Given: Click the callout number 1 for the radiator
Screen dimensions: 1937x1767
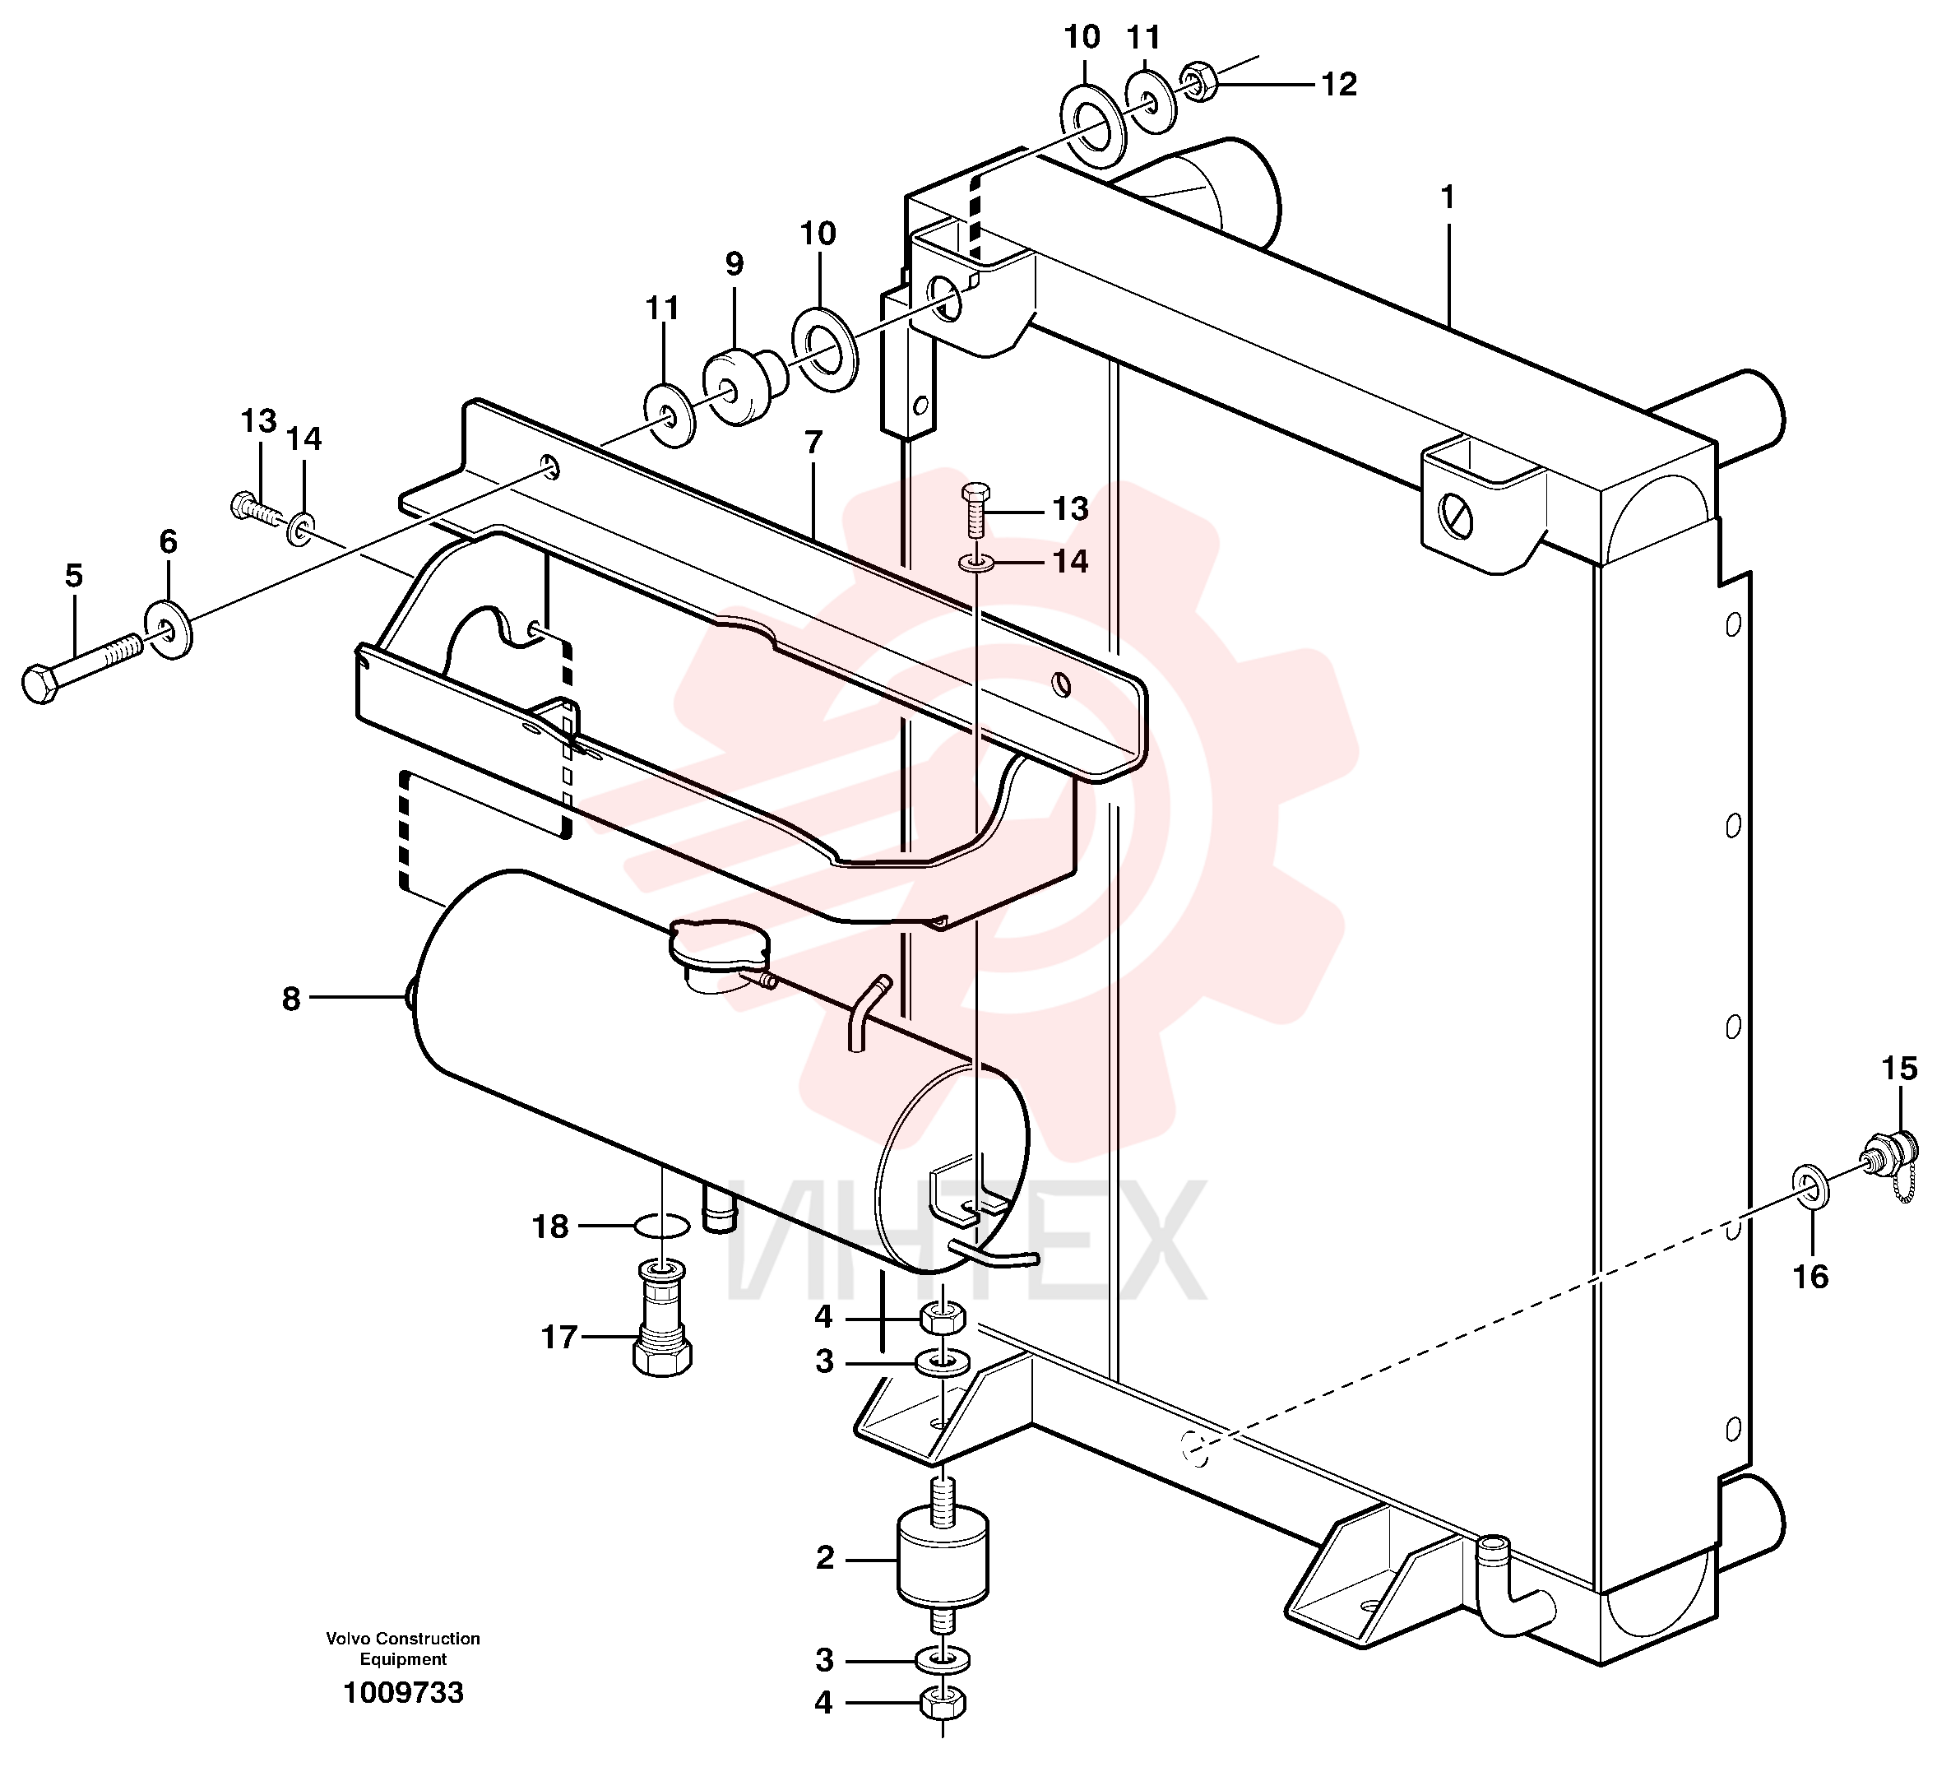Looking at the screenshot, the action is [1447, 199].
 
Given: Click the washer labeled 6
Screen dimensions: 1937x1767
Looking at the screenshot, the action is [169, 628].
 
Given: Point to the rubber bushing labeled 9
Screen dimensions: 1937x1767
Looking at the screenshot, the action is [744, 385].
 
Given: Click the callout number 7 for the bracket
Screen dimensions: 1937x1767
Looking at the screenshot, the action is [813, 443].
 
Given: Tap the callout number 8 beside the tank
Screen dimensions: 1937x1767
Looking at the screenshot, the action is [291, 999].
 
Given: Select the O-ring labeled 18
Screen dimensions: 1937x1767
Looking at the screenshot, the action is [662, 1226].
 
